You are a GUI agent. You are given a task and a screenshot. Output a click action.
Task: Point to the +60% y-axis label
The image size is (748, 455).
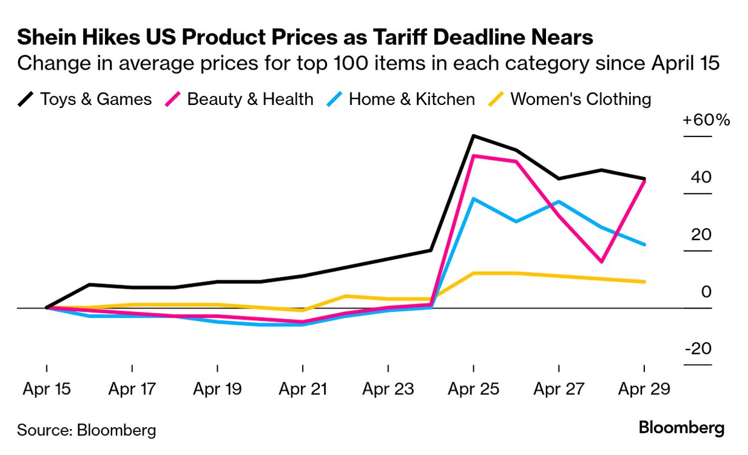[706, 120]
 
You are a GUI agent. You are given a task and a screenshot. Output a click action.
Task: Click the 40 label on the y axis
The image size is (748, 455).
[701, 178]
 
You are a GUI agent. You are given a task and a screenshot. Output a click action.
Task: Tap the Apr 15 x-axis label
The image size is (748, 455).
[47, 389]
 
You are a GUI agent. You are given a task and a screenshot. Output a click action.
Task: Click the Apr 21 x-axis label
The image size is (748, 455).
[303, 389]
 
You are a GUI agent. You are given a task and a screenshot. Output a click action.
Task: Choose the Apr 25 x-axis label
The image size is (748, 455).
[473, 389]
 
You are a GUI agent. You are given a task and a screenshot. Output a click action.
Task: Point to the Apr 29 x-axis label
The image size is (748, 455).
[644, 389]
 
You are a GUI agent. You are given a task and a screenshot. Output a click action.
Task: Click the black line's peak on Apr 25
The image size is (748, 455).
[473, 136]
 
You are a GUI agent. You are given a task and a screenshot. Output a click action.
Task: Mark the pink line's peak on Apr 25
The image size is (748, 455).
[473, 156]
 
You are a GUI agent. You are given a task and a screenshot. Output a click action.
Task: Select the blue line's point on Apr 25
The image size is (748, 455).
[473, 199]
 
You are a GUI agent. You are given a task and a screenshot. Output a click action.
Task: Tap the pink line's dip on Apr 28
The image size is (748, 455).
[601, 261]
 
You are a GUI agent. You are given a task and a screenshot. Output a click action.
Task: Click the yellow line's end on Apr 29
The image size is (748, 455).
[644, 281]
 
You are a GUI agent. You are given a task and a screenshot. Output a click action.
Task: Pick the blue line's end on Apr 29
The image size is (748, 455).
[644, 244]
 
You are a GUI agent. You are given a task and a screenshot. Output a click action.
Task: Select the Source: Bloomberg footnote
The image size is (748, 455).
[86, 431]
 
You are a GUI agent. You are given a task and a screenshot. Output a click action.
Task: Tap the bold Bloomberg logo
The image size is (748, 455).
[681, 428]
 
